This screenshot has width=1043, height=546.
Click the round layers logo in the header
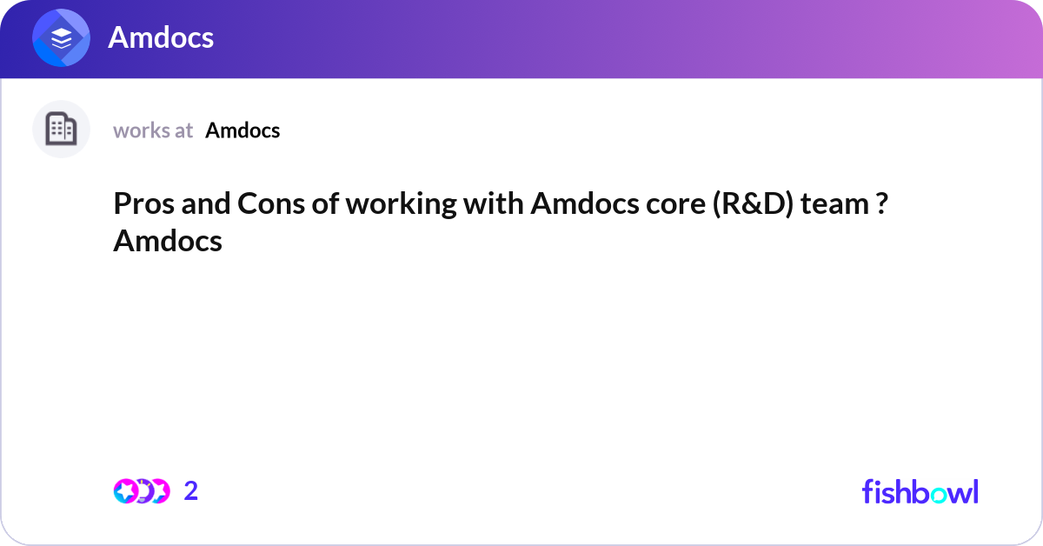[62, 38]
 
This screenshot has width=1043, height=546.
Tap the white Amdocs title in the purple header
[161, 38]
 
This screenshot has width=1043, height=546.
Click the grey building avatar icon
[61, 130]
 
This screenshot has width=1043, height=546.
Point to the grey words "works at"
[153, 130]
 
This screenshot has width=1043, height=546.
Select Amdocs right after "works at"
[242, 130]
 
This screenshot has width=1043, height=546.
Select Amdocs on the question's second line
[168, 241]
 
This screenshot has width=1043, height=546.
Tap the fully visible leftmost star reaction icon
[125, 491]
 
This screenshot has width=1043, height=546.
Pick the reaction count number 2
[191, 491]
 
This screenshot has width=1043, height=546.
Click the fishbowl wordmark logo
[920, 491]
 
